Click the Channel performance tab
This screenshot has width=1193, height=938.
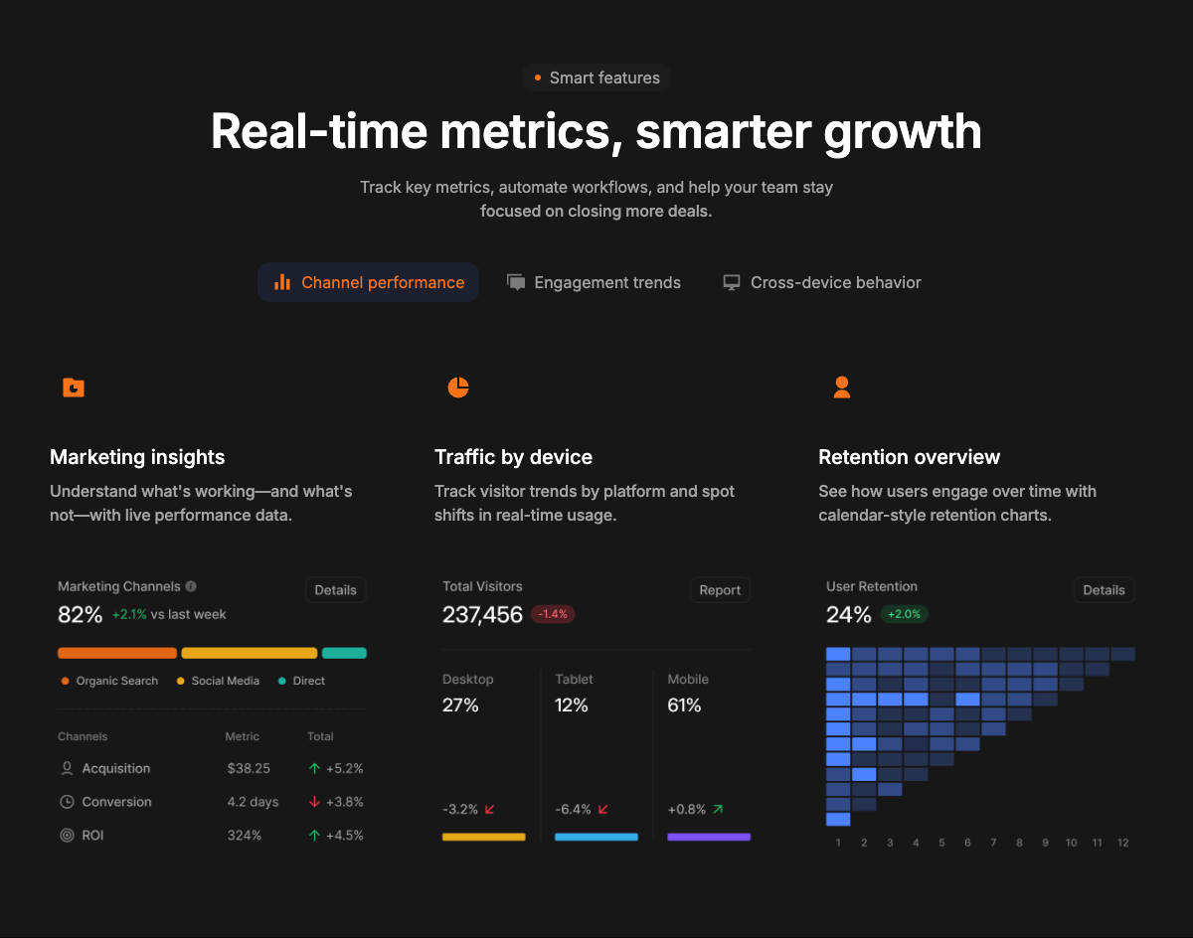368,282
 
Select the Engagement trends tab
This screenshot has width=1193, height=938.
594,282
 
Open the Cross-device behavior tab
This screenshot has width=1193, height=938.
822,282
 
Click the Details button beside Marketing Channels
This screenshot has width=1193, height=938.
335,590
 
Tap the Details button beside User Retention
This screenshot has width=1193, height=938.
1104,590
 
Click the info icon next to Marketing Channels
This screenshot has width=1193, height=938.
191,586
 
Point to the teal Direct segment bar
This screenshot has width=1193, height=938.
344,653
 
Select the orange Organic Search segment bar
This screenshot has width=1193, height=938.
117,653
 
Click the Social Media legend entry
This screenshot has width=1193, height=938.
218,681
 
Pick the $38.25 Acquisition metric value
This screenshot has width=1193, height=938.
249,768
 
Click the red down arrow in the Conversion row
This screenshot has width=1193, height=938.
314,802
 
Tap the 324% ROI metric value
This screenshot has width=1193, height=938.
244,835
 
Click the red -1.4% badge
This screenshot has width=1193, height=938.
553,614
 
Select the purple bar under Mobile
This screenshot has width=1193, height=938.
709,837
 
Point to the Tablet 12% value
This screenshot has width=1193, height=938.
571,705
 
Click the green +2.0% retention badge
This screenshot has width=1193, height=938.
904,614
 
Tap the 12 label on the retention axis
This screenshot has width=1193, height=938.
1122,843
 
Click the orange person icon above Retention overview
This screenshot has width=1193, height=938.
841,388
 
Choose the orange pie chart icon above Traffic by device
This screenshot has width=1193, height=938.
458,388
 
